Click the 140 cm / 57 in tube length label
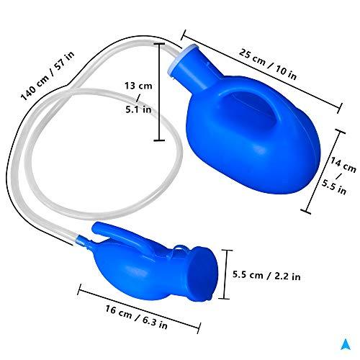click(x=48, y=76)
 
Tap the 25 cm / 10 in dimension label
click(x=268, y=64)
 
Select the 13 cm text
click(x=138, y=86)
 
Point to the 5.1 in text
click(x=138, y=109)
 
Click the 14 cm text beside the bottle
click(x=343, y=164)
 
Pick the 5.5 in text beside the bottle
click(x=334, y=187)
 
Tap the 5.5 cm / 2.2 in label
click(x=266, y=275)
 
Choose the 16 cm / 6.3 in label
click(x=136, y=317)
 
